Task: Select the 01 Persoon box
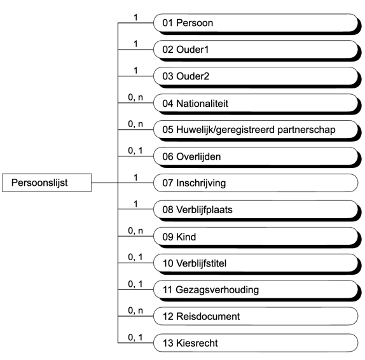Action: (x=254, y=24)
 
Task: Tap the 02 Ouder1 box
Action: (x=254, y=50)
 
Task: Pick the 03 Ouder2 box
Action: (x=254, y=77)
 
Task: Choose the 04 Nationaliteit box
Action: (x=254, y=104)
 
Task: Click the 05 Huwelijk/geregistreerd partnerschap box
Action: (x=254, y=130)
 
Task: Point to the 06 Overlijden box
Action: (x=254, y=156)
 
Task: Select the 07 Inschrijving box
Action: (x=254, y=183)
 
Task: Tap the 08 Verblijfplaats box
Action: (x=254, y=210)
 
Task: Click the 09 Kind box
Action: (x=254, y=237)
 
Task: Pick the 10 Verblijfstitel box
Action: (x=254, y=263)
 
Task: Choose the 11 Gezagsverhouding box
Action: (x=254, y=290)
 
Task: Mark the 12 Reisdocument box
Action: (x=254, y=316)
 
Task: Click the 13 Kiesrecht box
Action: (x=254, y=343)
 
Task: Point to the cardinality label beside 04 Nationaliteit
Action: (x=135, y=97)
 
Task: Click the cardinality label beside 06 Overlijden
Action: (x=135, y=151)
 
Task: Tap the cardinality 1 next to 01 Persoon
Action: (x=135, y=17)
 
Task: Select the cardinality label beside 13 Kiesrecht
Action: (x=135, y=337)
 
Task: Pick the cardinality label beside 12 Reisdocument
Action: (x=135, y=310)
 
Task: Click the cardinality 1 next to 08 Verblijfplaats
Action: (x=135, y=204)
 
